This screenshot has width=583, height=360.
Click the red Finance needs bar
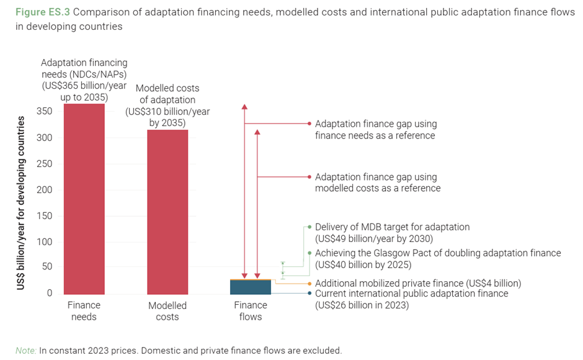tap(84, 199)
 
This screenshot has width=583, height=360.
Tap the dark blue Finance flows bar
tap(251, 287)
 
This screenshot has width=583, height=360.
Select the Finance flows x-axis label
tap(251, 311)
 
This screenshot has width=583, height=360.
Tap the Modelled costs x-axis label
tap(167, 311)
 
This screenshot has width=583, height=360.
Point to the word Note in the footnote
tap(25, 350)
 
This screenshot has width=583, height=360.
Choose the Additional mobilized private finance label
tap(417, 283)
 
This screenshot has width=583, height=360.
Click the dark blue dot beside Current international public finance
tap(309, 294)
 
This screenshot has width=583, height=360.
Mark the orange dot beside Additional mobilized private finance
tap(309, 283)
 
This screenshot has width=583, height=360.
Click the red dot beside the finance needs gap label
tap(309, 124)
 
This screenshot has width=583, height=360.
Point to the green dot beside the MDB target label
tap(309, 227)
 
